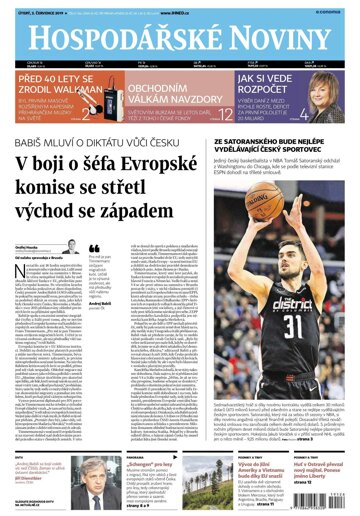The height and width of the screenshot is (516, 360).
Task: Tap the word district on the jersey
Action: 290,299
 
